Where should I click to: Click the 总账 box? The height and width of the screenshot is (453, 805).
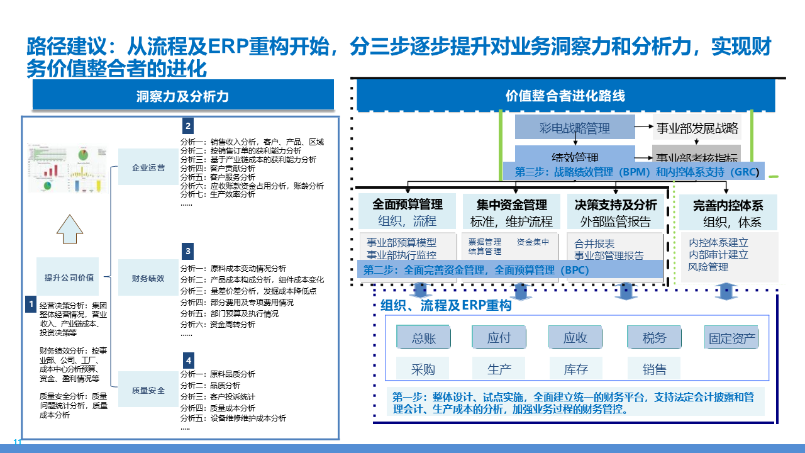[423, 338]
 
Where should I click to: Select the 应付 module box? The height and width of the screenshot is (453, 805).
[499, 338]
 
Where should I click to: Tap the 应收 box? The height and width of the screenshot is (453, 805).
[575, 338]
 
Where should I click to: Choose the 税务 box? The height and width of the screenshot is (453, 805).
[654, 338]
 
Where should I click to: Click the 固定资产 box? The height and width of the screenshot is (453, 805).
[732, 338]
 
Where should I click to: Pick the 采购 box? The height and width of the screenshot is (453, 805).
[423, 369]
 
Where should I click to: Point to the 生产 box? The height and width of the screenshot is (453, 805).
[499, 369]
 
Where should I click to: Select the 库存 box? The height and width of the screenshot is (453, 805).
[575, 369]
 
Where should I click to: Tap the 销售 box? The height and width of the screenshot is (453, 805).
[654, 369]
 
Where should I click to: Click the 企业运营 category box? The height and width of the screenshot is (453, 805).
[148, 168]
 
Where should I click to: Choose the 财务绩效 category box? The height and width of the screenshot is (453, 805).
[148, 278]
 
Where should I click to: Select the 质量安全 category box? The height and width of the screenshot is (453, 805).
[148, 390]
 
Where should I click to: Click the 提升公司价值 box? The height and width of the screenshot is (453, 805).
[69, 277]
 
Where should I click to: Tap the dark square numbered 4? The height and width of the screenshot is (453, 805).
[188, 361]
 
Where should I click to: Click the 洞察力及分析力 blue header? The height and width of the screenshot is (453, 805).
[182, 96]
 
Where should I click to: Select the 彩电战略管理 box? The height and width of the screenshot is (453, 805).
[575, 128]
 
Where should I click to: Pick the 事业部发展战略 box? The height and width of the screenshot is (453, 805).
[697, 128]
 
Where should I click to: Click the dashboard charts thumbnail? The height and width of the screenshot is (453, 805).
[65, 169]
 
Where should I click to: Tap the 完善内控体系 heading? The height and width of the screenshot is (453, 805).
[728, 205]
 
